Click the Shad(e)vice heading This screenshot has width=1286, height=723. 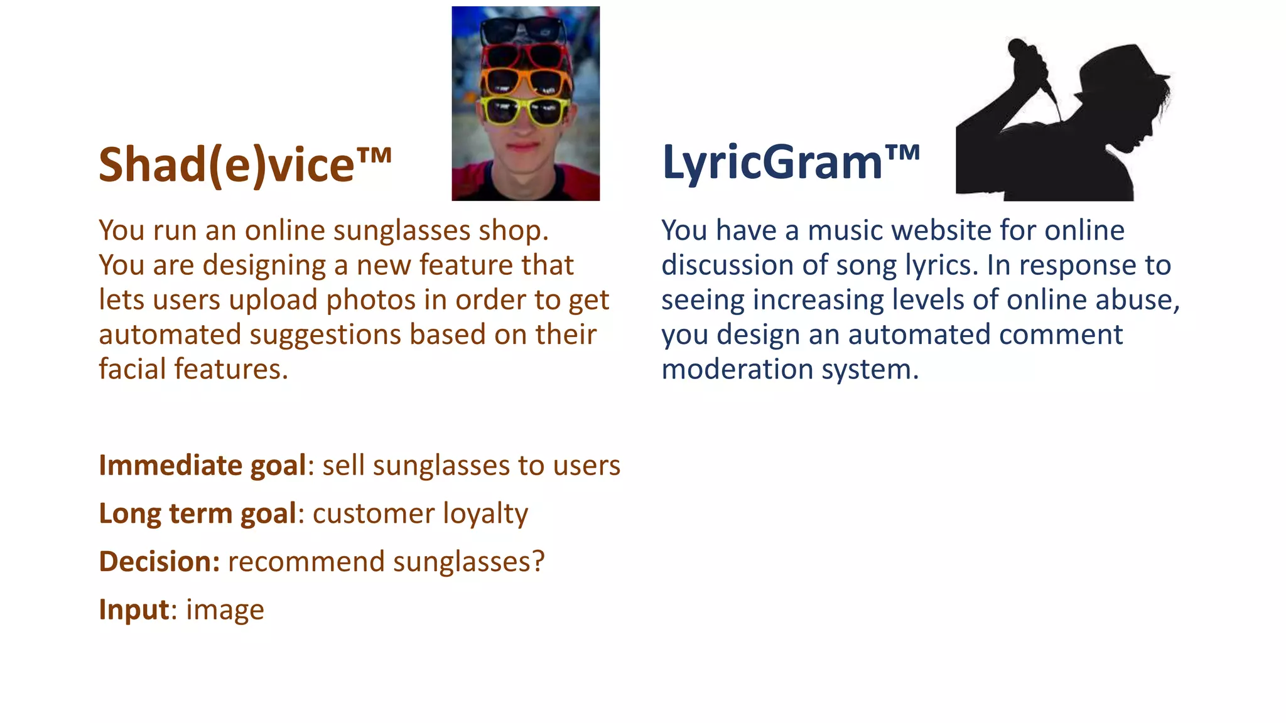(x=245, y=164)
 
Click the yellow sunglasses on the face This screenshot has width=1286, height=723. (x=525, y=110)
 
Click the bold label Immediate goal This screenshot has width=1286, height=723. (x=202, y=466)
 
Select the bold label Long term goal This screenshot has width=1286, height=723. (x=197, y=513)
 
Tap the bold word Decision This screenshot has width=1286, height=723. (x=159, y=562)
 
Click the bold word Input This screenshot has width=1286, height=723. (x=134, y=609)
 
